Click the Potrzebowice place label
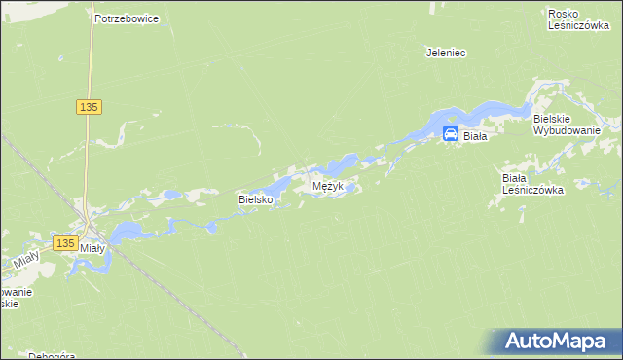(127, 18)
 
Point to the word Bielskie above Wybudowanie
(559, 117)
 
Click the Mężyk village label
(327, 185)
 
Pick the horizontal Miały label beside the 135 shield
(92, 248)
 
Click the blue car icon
(451, 135)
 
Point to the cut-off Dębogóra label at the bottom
(52, 354)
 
